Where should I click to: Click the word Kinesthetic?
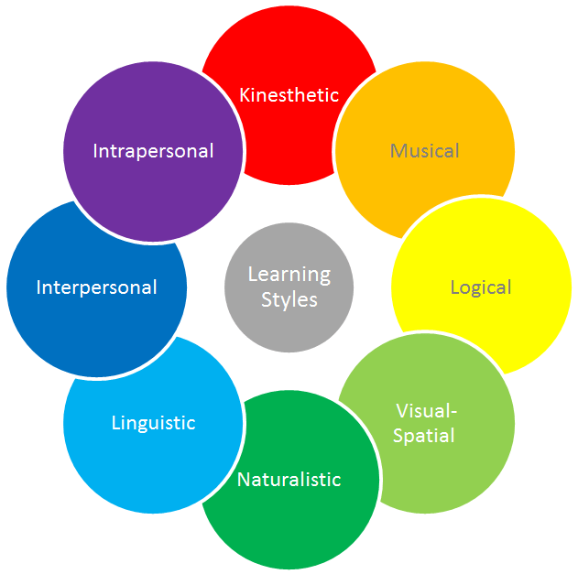289,94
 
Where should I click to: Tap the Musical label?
424,150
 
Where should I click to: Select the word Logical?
480,287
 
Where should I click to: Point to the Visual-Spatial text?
424,422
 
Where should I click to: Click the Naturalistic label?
289,479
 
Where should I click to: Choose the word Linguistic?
153,423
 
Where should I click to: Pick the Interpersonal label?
96,287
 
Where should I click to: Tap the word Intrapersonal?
153,150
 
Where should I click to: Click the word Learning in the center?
289,274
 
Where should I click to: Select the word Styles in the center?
289,299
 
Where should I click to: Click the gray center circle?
289,320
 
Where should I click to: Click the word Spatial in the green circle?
424,435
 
